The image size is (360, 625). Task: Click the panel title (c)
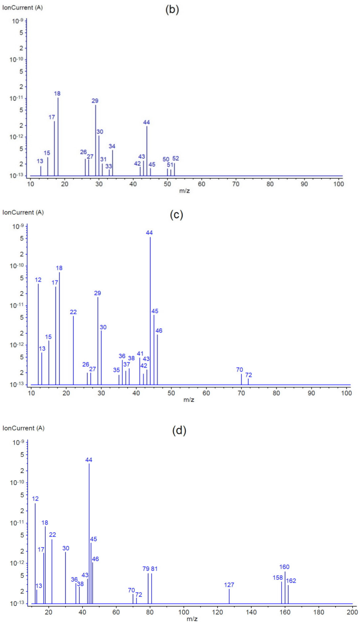[x=176, y=215]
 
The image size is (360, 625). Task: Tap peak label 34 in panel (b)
[x=112, y=146]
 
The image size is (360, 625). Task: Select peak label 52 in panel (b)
[x=175, y=158]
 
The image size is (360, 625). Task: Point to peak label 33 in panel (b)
[x=108, y=166]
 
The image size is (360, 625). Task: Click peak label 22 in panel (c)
[x=73, y=312]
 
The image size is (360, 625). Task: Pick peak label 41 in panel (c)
[x=140, y=354]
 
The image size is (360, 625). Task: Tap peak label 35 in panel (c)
[x=117, y=370]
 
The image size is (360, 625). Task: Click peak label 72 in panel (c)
[x=249, y=375]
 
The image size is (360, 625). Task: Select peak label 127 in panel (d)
[x=229, y=585]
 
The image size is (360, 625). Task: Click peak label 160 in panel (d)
[x=284, y=567]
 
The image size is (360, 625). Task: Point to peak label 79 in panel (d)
[x=146, y=569]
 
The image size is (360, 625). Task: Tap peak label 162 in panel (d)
[x=291, y=581]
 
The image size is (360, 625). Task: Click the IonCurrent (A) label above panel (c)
[x=23, y=213]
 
